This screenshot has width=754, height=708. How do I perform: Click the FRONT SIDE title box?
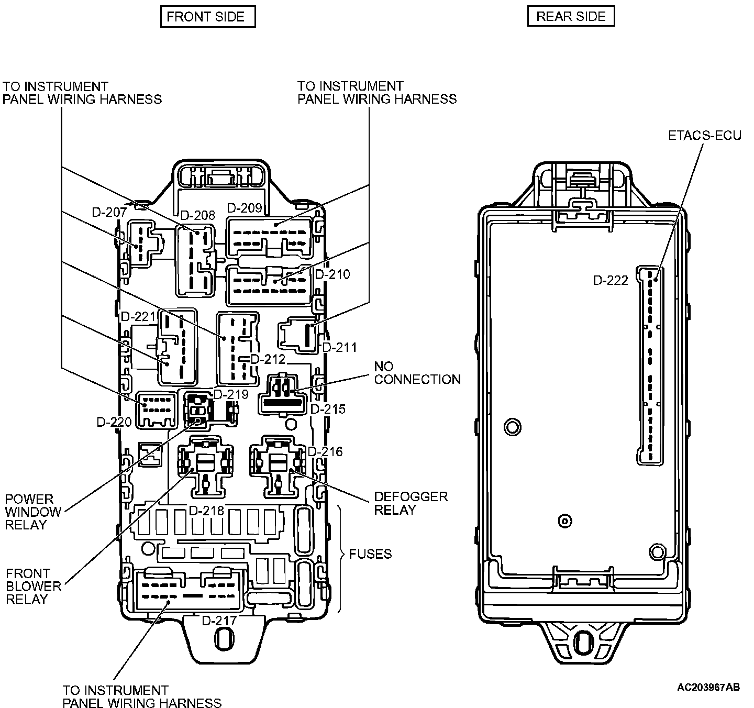[207, 17]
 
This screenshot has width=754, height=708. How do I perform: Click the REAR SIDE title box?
[571, 17]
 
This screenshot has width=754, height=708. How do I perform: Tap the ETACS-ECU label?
[705, 136]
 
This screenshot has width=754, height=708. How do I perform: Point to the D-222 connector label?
[611, 281]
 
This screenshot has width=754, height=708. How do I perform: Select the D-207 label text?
[109, 212]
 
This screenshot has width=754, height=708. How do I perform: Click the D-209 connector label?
[245, 208]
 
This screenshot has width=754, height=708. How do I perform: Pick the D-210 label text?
[332, 274]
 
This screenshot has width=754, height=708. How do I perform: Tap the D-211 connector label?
[339, 347]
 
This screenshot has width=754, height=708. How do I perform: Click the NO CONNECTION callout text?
[417, 373]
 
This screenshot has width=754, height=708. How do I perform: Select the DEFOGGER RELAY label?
[411, 503]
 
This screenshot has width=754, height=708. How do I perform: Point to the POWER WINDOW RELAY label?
[33, 512]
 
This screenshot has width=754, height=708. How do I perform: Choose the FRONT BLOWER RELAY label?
[34, 587]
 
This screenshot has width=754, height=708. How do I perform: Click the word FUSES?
[371, 554]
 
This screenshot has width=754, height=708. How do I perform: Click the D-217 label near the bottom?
[219, 621]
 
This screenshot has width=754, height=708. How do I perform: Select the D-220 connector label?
[114, 422]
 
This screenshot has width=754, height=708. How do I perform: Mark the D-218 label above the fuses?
[206, 511]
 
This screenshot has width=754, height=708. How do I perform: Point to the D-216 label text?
[325, 451]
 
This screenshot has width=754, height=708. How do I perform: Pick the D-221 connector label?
[138, 317]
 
